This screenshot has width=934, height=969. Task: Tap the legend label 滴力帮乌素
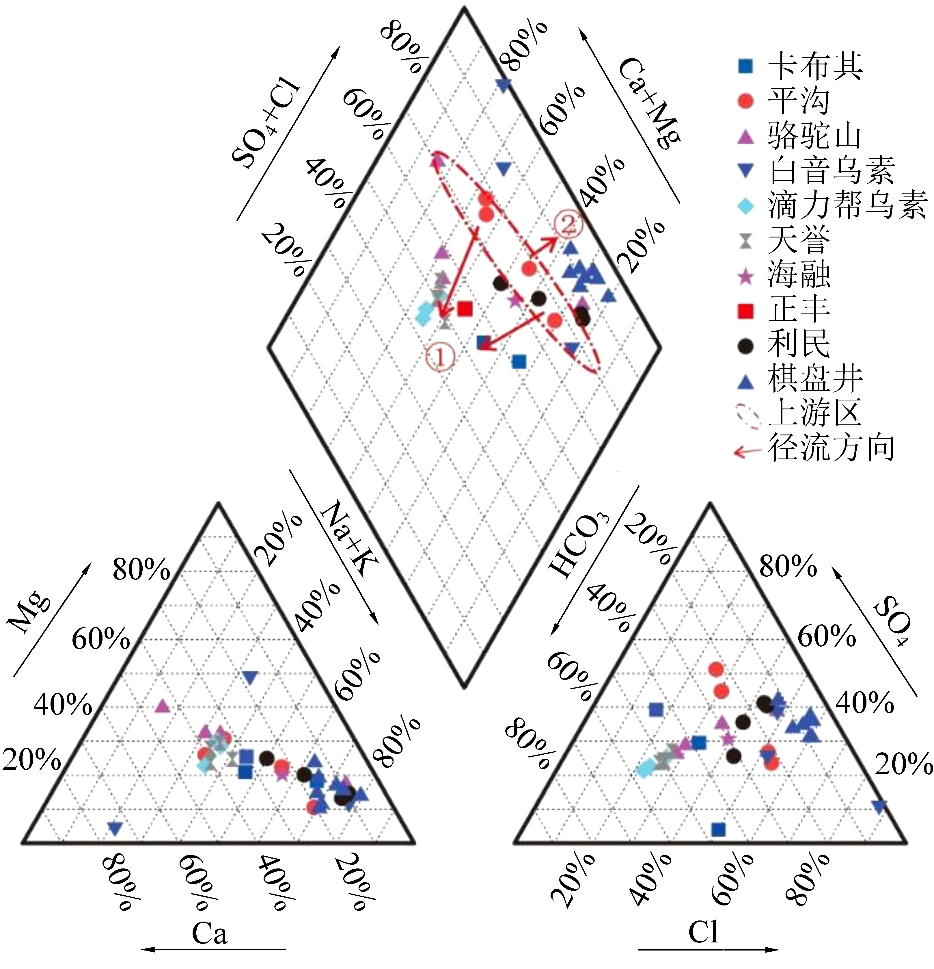coord(847,205)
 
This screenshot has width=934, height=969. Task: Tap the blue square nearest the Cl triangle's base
coord(718,829)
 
